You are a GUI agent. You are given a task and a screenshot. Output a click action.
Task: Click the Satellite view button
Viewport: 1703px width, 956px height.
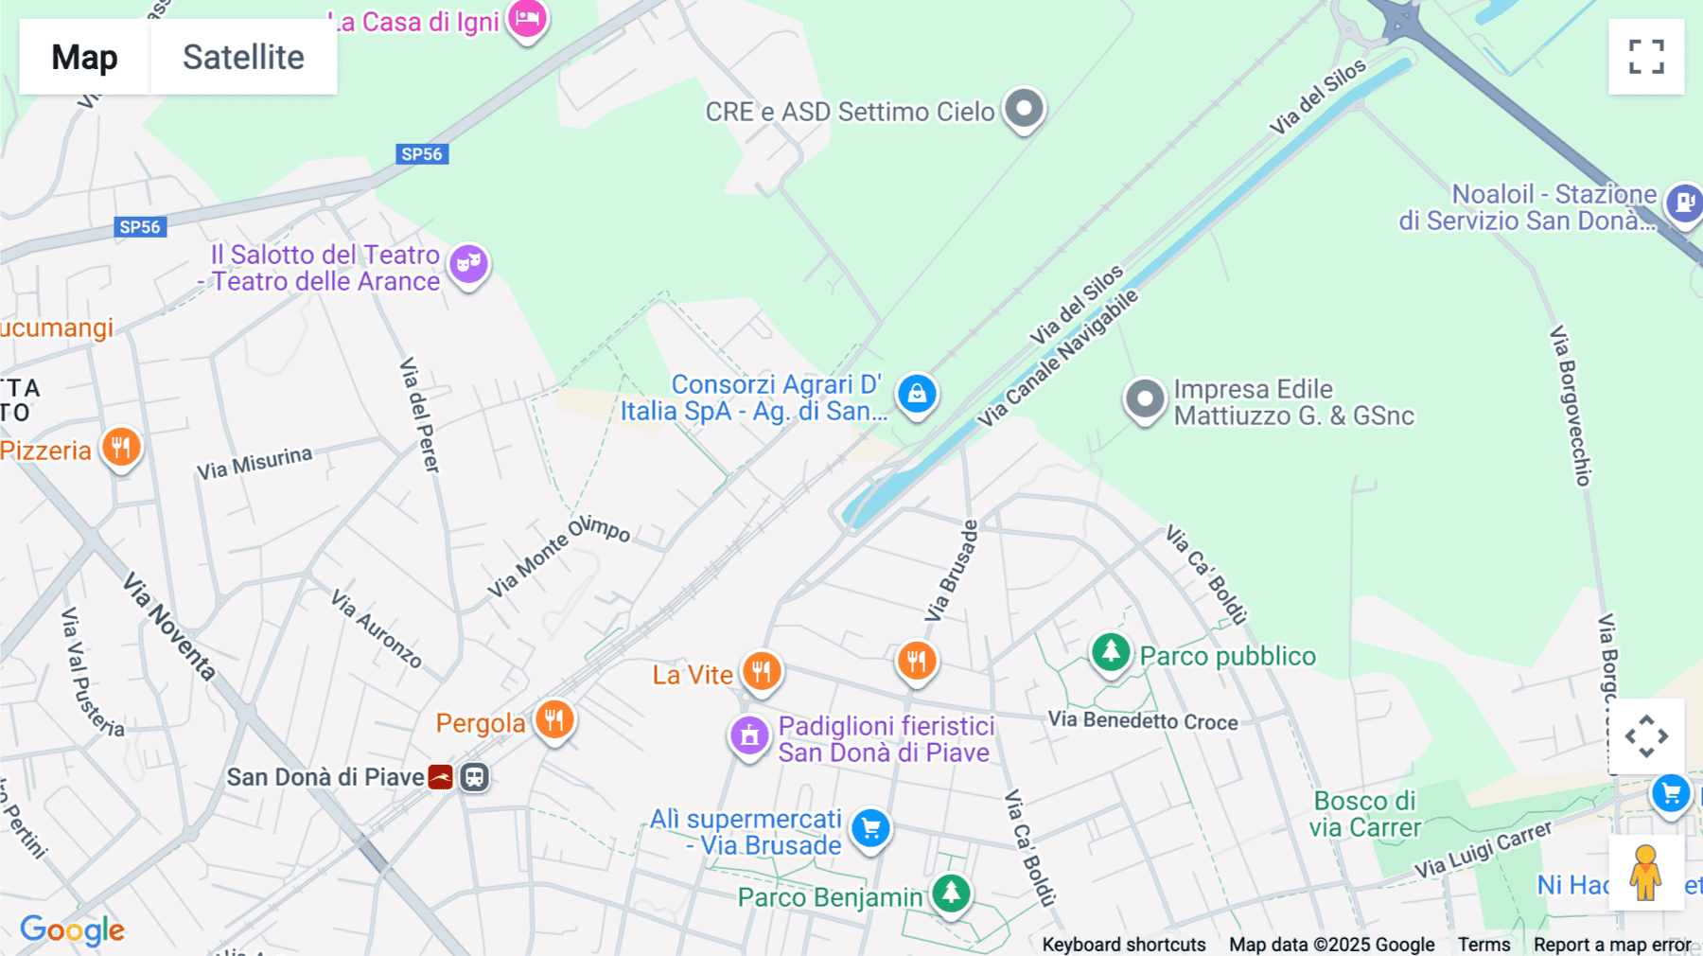243,57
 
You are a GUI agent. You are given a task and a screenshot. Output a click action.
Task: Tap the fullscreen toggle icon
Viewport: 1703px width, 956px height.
1646,57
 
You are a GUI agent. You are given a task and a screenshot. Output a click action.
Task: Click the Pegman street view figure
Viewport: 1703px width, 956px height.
1645,873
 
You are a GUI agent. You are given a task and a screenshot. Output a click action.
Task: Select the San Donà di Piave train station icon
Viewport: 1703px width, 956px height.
474,777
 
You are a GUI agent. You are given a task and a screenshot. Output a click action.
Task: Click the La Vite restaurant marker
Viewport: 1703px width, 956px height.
761,672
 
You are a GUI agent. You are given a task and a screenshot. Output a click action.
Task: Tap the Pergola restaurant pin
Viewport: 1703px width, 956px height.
554,720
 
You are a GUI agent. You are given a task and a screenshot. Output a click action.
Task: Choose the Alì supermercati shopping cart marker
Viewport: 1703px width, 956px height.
870,828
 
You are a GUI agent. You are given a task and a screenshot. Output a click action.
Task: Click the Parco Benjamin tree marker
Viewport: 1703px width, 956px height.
951,892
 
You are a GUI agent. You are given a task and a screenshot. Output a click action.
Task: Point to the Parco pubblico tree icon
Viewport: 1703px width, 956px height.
1111,652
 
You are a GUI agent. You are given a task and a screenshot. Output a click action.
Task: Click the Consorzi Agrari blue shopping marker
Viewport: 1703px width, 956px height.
917,394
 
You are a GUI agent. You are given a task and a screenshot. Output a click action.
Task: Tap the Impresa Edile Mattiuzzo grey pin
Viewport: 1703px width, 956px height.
1145,399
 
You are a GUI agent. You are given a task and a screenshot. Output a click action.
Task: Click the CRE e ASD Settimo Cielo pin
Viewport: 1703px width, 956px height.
1024,108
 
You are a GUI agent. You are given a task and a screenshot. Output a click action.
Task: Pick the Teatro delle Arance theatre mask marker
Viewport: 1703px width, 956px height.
468,263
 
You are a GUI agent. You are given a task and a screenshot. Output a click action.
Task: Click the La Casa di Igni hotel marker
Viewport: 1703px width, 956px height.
527,18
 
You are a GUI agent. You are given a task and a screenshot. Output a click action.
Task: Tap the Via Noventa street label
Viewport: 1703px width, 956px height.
170,627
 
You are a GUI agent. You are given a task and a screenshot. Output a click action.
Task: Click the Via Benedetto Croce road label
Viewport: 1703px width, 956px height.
1143,720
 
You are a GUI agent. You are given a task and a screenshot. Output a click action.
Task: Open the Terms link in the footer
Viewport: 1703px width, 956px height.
1484,945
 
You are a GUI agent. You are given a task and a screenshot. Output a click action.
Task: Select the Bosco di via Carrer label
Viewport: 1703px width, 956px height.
1364,814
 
